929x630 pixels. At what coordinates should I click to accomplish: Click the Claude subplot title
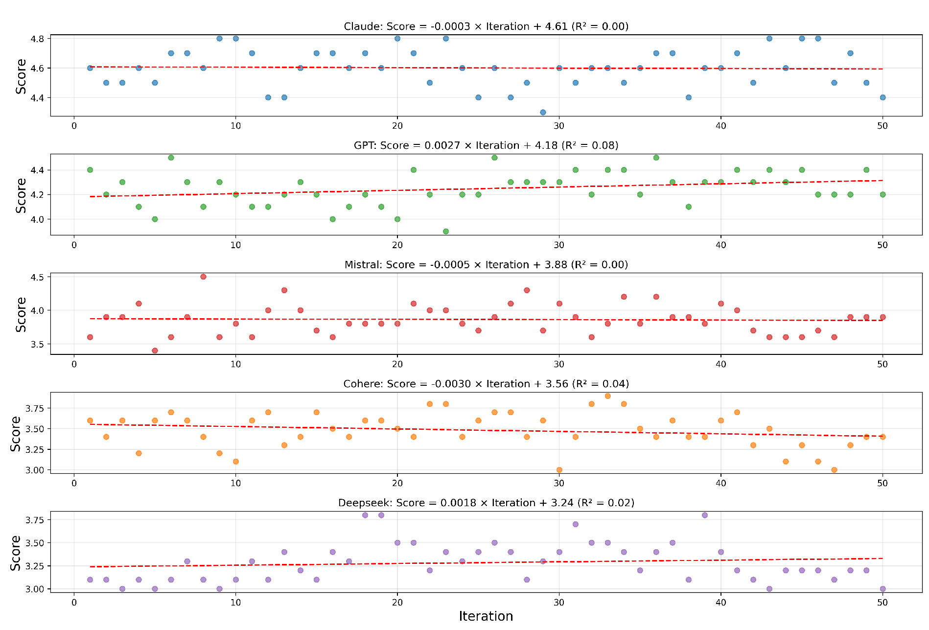(x=486, y=26)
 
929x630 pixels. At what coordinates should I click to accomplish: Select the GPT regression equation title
(x=486, y=145)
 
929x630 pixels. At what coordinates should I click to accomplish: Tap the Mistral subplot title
(x=486, y=265)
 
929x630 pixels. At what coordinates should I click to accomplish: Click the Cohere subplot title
(x=486, y=384)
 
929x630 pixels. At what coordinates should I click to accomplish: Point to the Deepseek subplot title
(x=486, y=503)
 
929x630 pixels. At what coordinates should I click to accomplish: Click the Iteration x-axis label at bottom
(x=486, y=616)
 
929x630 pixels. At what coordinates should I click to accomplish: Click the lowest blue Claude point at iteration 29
(x=543, y=113)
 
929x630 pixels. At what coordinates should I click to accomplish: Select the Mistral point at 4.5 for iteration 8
(x=203, y=277)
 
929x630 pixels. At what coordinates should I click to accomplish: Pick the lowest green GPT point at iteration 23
(x=446, y=232)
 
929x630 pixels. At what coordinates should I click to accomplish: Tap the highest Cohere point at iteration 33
(x=607, y=396)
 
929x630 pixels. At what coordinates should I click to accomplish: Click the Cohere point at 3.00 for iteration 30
(x=559, y=470)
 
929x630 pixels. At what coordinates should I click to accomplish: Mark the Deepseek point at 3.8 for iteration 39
(x=704, y=515)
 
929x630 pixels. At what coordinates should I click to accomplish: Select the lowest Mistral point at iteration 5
(x=155, y=350)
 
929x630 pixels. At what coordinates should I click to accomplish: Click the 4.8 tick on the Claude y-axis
(x=37, y=39)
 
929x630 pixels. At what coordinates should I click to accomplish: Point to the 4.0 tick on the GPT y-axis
(x=37, y=219)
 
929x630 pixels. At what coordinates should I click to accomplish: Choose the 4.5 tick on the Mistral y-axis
(x=37, y=277)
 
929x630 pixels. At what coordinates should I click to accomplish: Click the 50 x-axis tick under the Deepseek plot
(x=882, y=603)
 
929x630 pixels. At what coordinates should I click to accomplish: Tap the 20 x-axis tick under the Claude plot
(x=397, y=126)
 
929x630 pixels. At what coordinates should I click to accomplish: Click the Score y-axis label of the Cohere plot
(x=16, y=433)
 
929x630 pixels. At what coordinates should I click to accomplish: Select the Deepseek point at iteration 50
(x=883, y=589)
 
